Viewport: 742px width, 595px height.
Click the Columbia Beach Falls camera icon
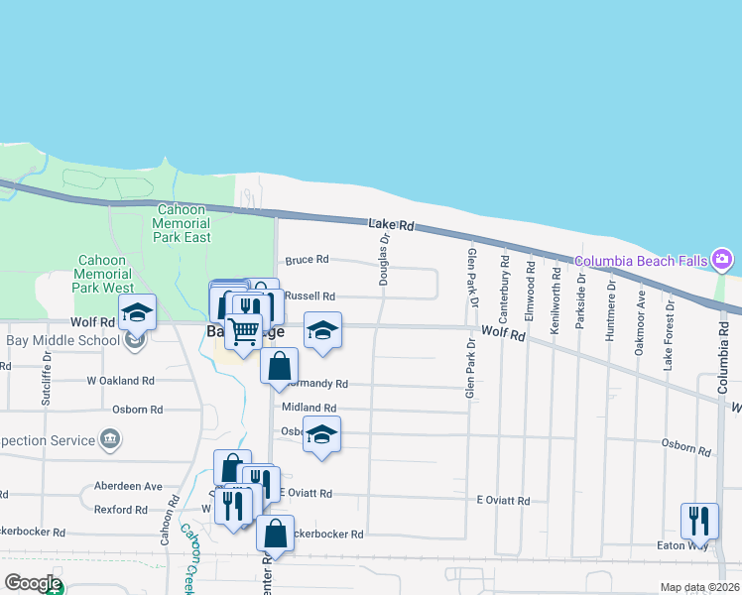(722, 261)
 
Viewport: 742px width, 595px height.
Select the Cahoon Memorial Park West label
(103, 274)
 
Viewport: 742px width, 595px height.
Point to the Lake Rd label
(390, 226)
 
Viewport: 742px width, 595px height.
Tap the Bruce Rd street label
(307, 260)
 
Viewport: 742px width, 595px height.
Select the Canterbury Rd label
(505, 291)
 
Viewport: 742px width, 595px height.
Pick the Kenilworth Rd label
(555, 300)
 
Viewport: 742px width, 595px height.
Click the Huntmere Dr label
(612, 310)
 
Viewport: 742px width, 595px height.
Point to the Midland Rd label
(309, 408)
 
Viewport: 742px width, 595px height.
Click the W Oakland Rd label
(121, 380)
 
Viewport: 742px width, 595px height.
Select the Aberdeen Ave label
(127, 486)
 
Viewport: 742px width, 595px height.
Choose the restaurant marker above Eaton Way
(699, 521)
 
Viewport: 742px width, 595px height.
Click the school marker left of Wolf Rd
(137, 312)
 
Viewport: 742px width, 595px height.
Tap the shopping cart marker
(244, 331)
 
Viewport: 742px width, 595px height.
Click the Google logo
(32, 583)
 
